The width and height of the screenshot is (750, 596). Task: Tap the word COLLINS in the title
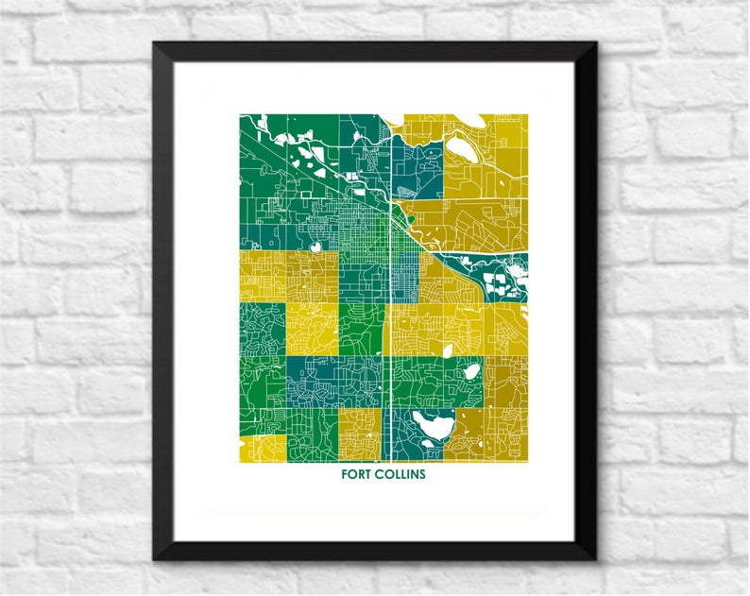click(400, 474)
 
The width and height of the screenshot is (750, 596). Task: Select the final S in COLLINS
click(422, 474)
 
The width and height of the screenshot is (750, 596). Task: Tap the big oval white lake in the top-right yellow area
click(462, 146)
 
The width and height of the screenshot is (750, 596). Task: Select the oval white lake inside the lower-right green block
click(469, 371)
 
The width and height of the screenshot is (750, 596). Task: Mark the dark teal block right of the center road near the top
click(414, 170)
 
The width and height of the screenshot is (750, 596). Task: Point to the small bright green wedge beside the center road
click(364, 331)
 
